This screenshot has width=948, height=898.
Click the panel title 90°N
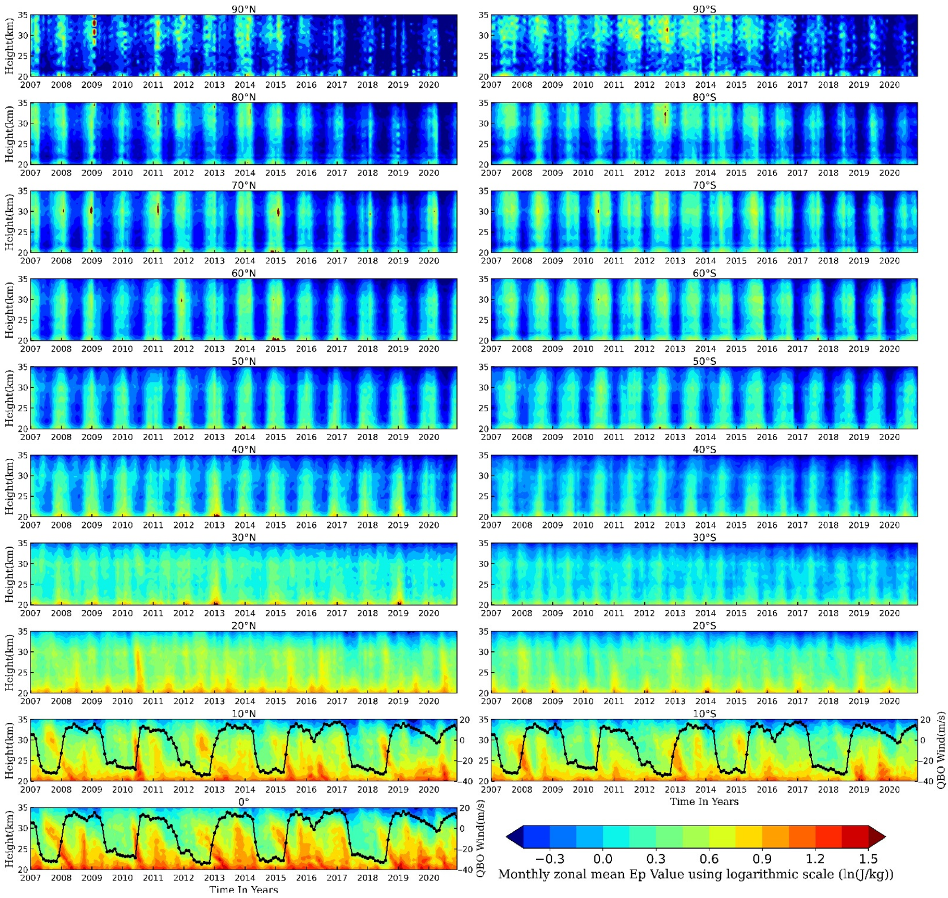tap(243, 9)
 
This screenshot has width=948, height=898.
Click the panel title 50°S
tap(704, 361)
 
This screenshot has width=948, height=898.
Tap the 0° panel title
tap(243, 802)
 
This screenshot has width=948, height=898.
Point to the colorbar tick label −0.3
tap(550, 859)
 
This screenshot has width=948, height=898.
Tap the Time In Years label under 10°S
tap(704, 802)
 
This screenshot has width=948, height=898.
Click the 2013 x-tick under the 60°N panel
tap(214, 349)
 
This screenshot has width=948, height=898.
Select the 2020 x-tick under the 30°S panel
tap(889, 613)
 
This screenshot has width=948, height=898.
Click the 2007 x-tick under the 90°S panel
tap(491, 85)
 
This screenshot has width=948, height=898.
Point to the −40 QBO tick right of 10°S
tap(926, 781)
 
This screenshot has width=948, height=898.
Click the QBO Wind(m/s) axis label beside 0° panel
tap(481, 839)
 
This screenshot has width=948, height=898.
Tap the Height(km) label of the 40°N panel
tap(9, 486)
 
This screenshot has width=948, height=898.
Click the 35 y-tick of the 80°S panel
tap(483, 103)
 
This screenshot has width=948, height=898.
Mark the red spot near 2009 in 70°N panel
tap(91, 210)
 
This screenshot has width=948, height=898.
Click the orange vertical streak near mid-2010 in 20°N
tap(138, 669)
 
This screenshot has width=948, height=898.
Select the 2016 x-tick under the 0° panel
tap(306, 878)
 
